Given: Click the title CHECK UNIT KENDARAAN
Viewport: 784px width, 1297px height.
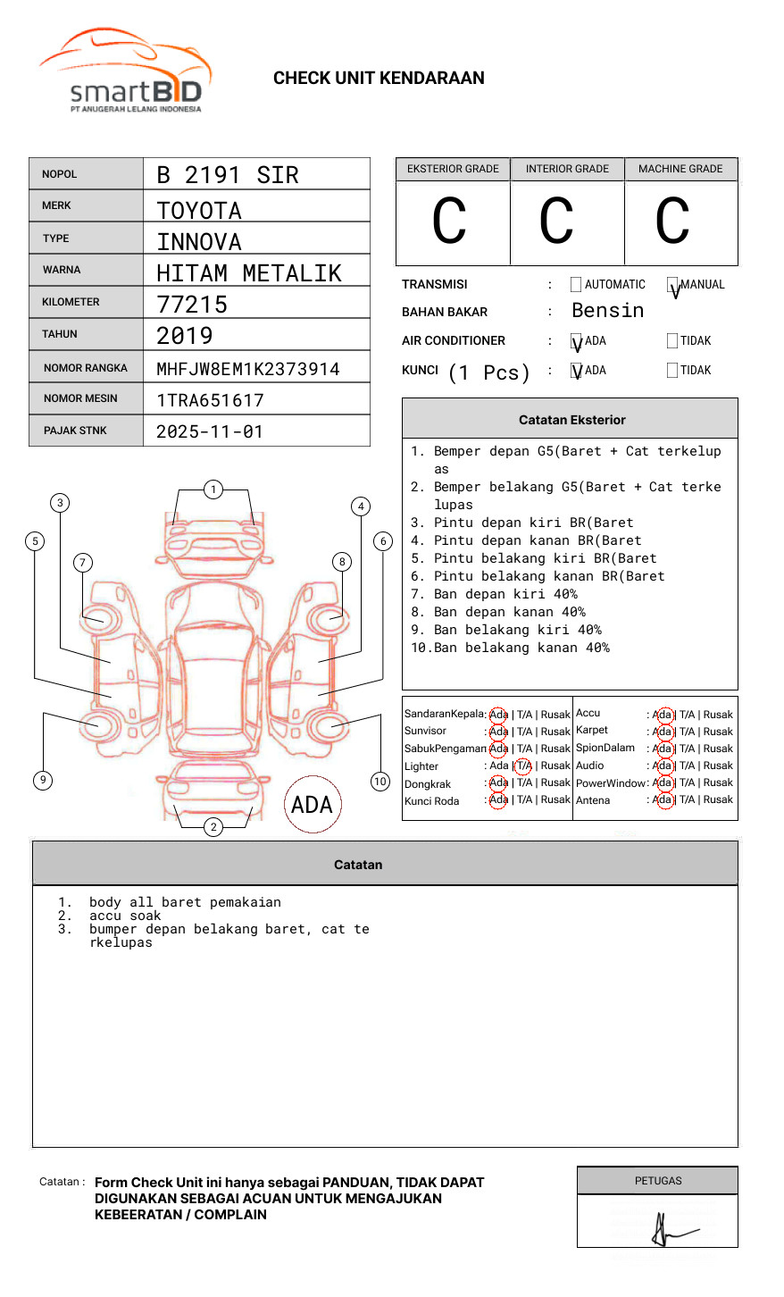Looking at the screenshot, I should tap(379, 79).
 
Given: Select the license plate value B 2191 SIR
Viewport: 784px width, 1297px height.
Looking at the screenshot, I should tap(228, 175).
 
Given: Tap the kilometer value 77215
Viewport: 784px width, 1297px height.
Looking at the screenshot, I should tap(192, 305).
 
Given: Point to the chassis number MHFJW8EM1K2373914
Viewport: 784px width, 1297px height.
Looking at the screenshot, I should tap(248, 369).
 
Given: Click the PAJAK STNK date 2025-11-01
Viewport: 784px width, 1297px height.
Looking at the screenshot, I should tap(210, 432).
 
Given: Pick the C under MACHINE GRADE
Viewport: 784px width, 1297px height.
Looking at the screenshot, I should tap(672, 222).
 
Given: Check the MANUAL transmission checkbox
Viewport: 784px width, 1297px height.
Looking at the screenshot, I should tap(672, 285).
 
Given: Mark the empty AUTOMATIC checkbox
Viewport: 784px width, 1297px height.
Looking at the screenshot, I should tap(576, 285).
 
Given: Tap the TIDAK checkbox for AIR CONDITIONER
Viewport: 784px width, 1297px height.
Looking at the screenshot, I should tap(672, 341).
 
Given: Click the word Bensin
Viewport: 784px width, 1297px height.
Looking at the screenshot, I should tap(607, 311).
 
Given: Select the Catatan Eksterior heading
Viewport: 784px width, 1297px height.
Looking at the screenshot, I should tap(571, 420).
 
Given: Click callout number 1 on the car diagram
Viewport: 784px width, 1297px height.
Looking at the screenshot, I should tap(213, 490).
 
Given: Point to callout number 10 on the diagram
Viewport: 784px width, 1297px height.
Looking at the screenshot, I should tap(380, 782).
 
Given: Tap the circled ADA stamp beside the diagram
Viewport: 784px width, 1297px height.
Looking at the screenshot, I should tap(313, 805).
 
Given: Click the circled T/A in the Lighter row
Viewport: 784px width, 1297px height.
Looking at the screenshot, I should tap(523, 766).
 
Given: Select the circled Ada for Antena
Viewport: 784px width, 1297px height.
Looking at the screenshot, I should tap(663, 800).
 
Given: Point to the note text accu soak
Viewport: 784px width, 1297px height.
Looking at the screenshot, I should tap(125, 916).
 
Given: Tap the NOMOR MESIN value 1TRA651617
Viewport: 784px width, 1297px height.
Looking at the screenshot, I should tap(210, 401).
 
